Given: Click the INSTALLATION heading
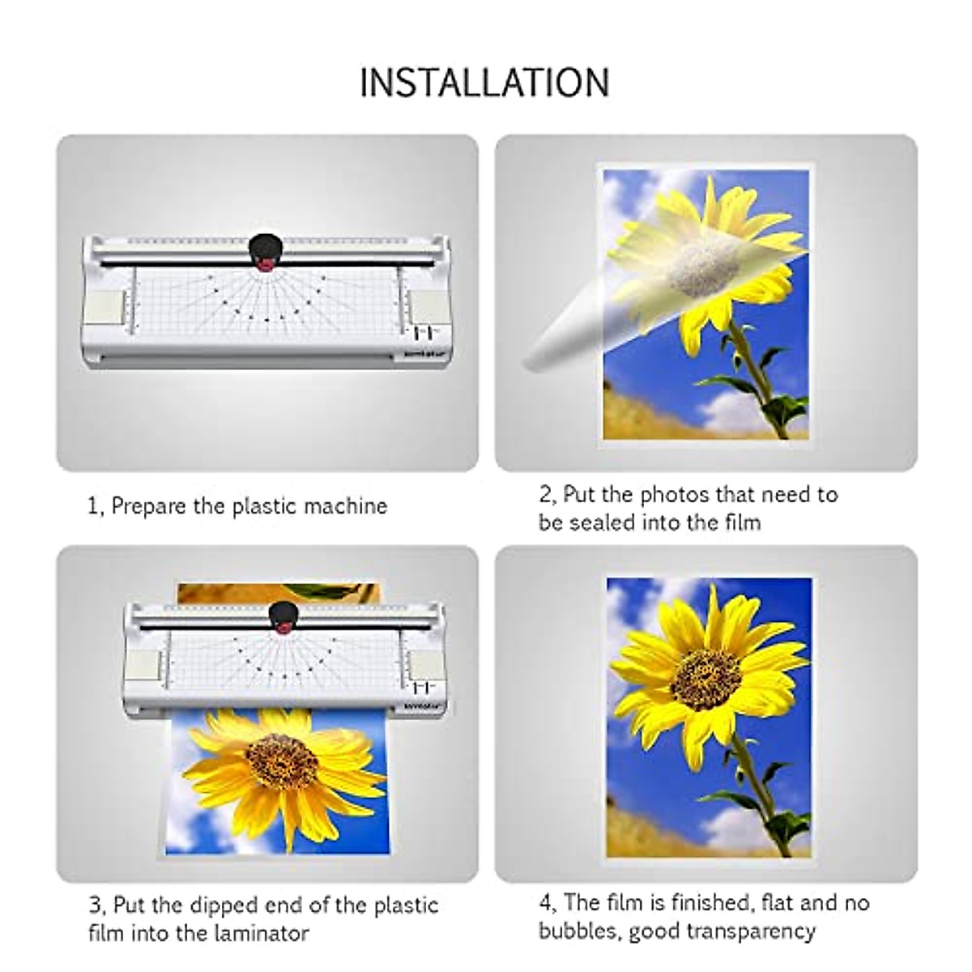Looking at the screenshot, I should click(484, 83).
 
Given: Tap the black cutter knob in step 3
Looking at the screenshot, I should click(283, 612).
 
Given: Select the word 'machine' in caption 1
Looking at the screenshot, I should click(346, 507).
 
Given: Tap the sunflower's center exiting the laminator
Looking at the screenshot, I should click(281, 761).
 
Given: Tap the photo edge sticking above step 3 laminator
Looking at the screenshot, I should click(275, 592).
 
